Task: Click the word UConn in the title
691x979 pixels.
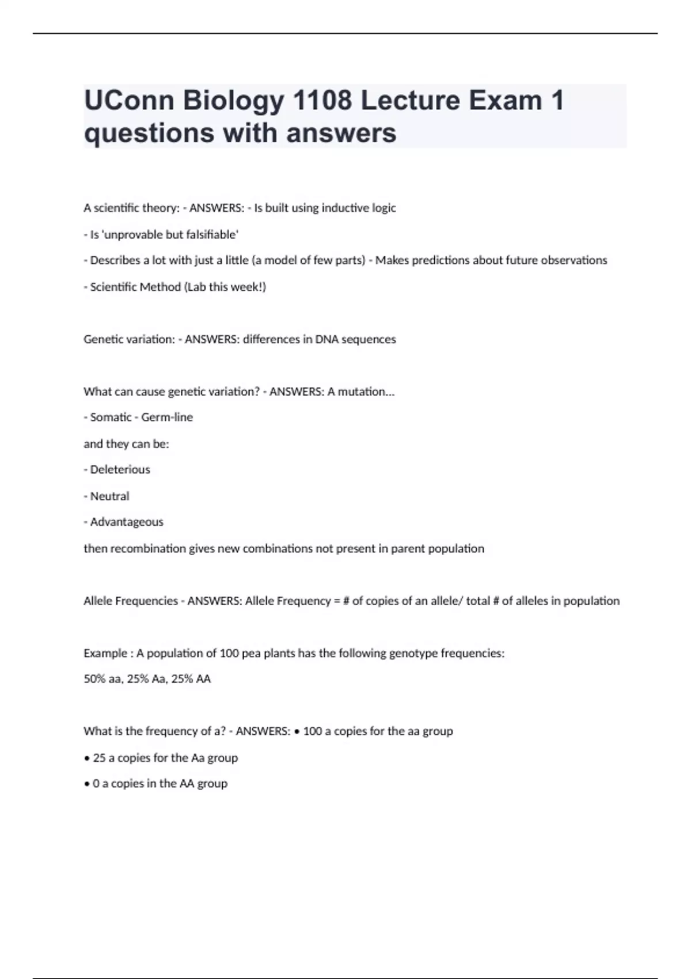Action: coord(128,100)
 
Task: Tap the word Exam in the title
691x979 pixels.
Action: coord(505,100)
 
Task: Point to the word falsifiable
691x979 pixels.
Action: coord(210,234)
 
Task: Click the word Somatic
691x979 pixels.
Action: coord(111,417)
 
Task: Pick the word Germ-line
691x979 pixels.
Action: coord(167,417)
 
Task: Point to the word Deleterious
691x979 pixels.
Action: coord(120,469)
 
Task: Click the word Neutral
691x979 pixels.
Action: coord(109,496)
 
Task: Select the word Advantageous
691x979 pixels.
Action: coord(127,522)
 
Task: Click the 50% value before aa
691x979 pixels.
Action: coord(94,679)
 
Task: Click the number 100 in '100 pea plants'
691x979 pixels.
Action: coord(229,653)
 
